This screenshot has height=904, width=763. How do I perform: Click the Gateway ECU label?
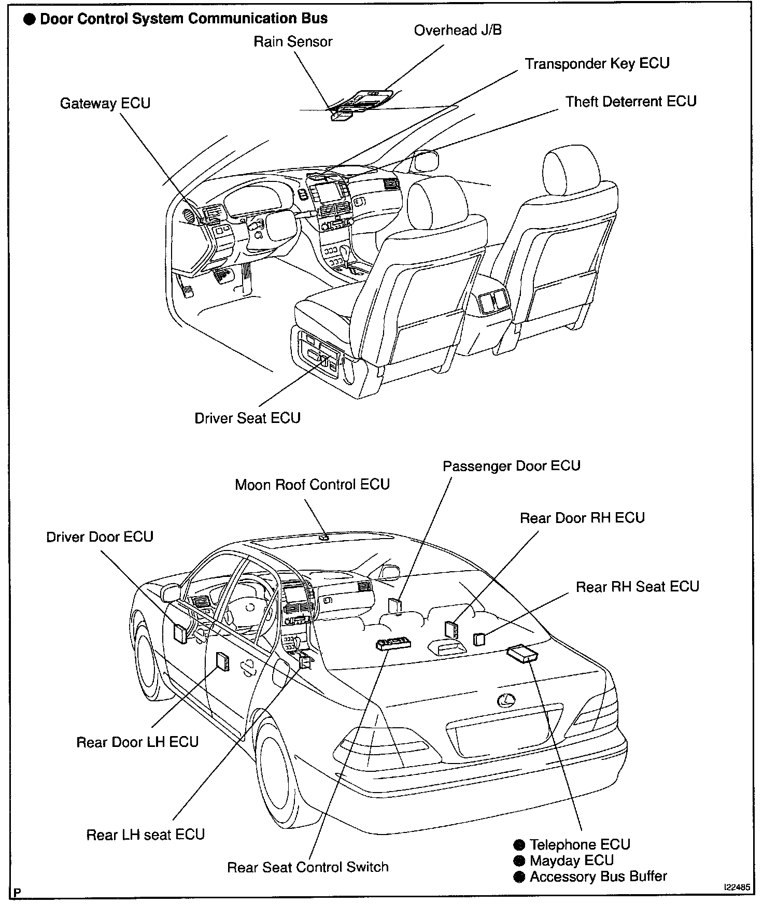pyautogui.click(x=105, y=103)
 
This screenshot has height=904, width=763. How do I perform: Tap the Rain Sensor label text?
pyautogui.click(x=293, y=42)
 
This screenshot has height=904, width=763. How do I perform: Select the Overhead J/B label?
pyautogui.click(x=458, y=31)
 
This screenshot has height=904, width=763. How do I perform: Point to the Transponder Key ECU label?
pyautogui.click(x=597, y=64)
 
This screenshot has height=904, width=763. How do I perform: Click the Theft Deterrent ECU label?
pyautogui.click(x=631, y=102)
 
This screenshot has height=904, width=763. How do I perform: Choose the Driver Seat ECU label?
pyautogui.click(x=247, y=418)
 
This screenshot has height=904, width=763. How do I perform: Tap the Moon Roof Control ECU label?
pyautogui.click(x=312, y=485)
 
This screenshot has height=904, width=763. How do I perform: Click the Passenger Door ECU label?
pyautogui.click(x=511, y=466)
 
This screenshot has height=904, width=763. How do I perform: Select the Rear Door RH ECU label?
pyautogui.click(x=582, y=518)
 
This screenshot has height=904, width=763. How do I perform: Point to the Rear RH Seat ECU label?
pyautogui.click(x=638, y=586)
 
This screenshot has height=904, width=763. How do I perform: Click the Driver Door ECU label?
pyautogui.click(x=100, y=536)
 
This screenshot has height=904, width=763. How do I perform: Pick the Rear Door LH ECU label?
pyautogui.click(x=137, y=742)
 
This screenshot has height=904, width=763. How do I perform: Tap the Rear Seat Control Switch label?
pyautogui.click(x=308, y=867)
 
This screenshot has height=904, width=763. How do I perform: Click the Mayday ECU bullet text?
pyautogui.click(x=571, y=860)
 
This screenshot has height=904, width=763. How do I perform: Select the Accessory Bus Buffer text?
pyautogui.click(x=598, y=877)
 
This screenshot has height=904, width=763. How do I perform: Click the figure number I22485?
pyautogui.click(x=737, y=887)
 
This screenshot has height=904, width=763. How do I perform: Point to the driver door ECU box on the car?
pyautogui.click(x=180, y=633)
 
